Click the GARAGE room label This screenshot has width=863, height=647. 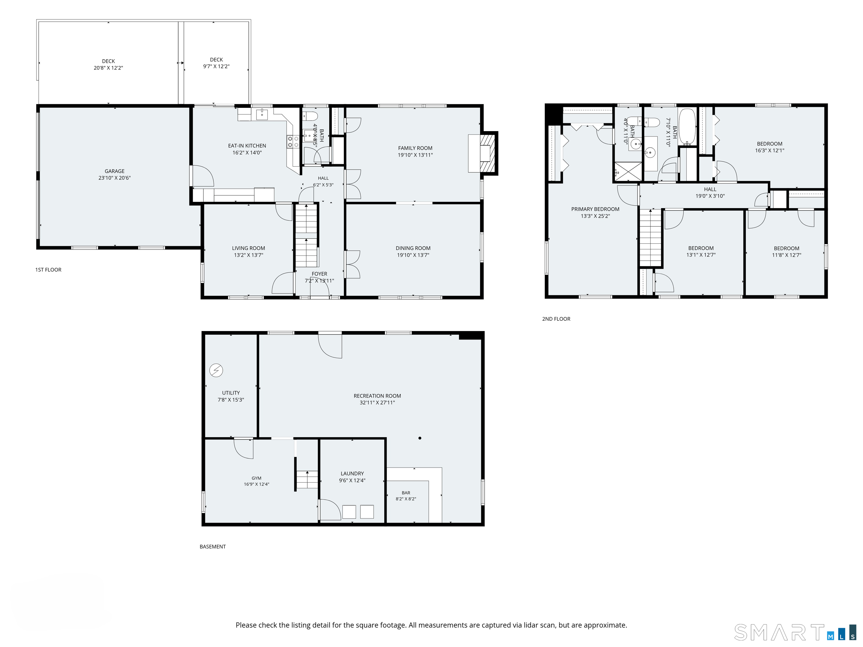coord(114,171)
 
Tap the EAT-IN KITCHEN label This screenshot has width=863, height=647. coord(247,146)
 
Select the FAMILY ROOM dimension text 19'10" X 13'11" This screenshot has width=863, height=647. coord(415,155)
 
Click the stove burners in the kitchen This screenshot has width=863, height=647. coord(293,142)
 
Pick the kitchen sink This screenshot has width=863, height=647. coord(262,115)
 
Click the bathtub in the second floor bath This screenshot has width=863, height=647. coord(687,126)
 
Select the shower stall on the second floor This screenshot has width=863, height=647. coord(628,172)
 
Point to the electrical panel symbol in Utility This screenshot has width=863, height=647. coord(216,370)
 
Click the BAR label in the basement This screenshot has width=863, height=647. coord(406,493)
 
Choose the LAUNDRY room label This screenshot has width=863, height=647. coord(352,473)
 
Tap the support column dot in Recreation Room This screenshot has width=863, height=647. coord(420,438)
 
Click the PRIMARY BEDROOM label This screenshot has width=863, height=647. coord(595,209)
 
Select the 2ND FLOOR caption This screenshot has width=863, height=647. coord(556,319)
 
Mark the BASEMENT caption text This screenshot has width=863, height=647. coord(213,547)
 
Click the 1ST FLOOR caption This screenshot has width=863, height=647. coord(48,270)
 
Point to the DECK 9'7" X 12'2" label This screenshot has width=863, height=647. coord(216,63)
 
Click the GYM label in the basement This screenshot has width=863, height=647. coord(256,478)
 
